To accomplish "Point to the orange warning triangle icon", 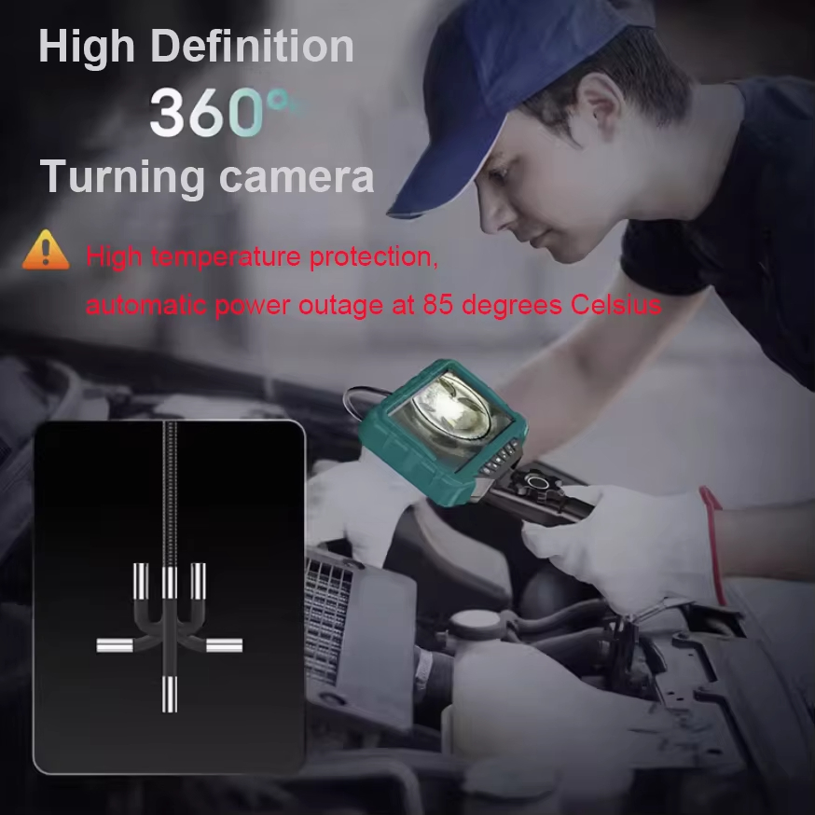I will coord(46,252).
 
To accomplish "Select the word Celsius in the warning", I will coord(615,305).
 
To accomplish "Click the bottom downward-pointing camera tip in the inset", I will coord(170,694).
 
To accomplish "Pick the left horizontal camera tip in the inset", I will coord(116,645).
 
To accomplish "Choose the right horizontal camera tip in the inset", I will coord(225,644).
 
